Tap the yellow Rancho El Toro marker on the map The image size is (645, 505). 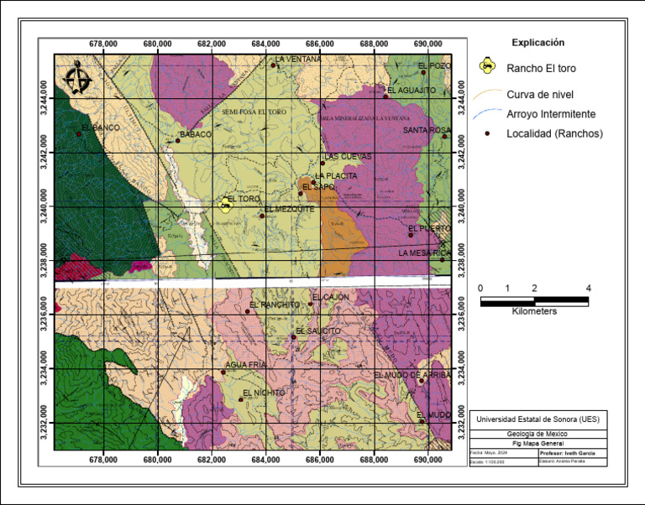[x=224, y=205]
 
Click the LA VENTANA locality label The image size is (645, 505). [x=298, y=60]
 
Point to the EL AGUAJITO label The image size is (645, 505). [x=411, y=89]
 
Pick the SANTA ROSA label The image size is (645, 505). [x=427, y=130]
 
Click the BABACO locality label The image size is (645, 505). [x=196, y=134]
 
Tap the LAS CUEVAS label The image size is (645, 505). [x=348, y=157]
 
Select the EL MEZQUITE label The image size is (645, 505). [x=289, y=210]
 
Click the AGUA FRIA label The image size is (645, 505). [x=246, y=364]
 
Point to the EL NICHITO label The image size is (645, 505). [x=264, y=393]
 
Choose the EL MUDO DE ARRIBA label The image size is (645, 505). [x=412, y=375]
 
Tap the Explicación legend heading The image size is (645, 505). [x=537, y=42]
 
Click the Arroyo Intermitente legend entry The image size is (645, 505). [x=551, y=113]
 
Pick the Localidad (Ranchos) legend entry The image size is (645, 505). [x=554, y=133]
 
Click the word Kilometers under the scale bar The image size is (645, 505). [x=535, y=310]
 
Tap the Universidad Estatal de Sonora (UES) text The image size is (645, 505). [x=537, y=419]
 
